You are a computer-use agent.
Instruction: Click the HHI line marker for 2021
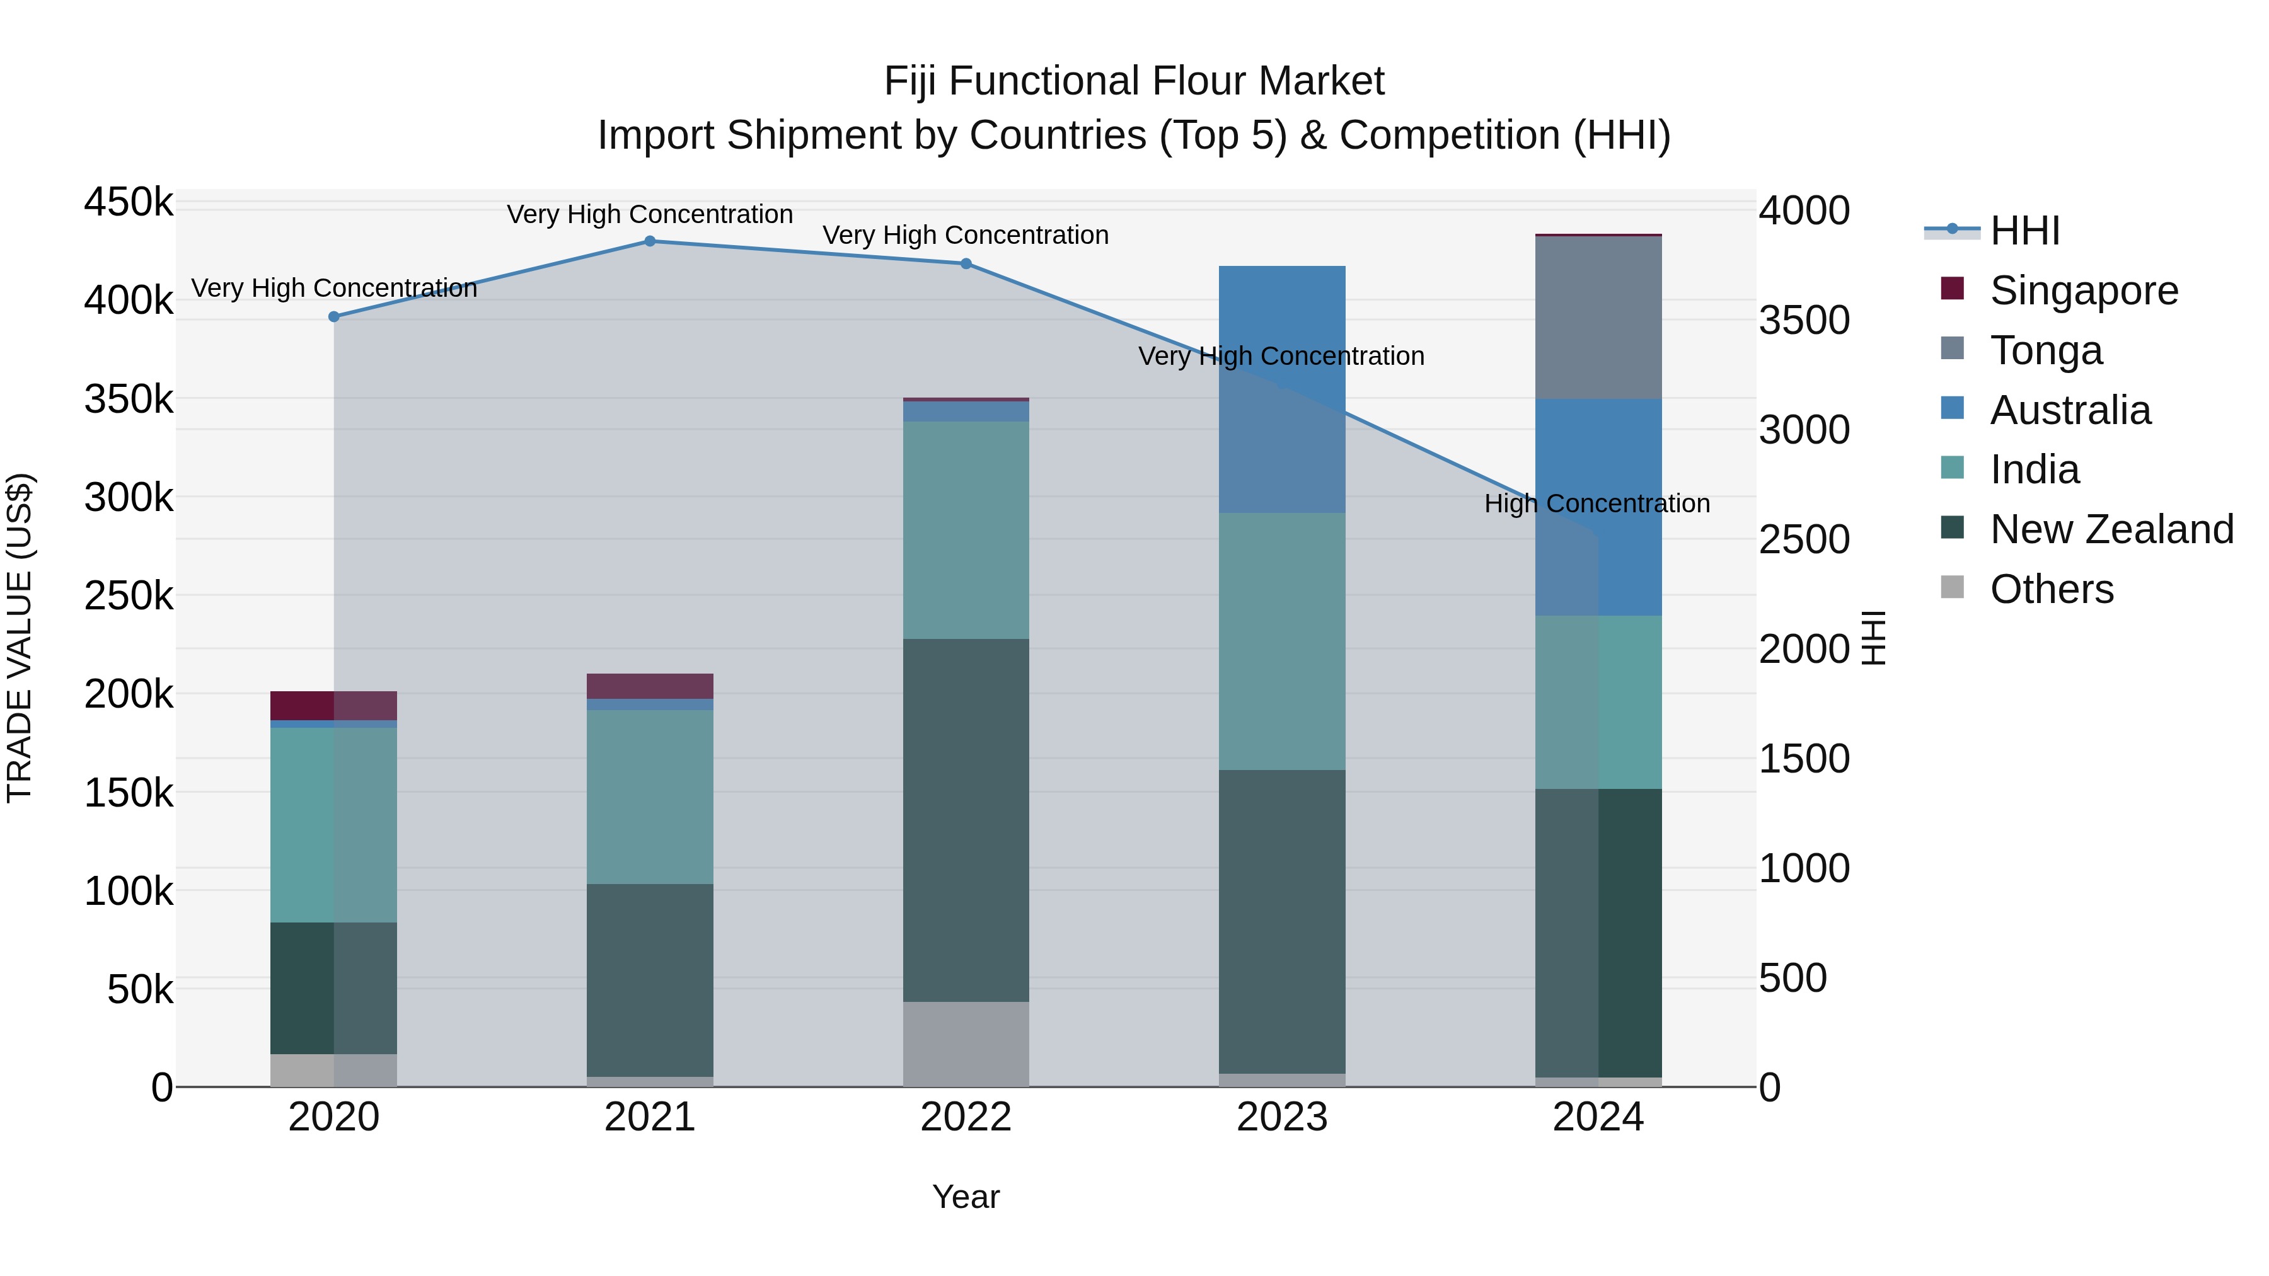(650, 241)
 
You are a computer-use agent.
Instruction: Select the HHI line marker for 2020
(334, 317)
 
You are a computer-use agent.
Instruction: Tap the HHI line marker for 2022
(966, 264)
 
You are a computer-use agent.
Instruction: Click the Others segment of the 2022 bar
(966, 1043)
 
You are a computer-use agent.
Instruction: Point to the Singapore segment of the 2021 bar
(650, 686)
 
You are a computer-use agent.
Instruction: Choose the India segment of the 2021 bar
(650, 797)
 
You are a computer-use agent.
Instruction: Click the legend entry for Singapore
(2083, 290)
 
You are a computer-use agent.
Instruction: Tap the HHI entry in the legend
(2024, 231)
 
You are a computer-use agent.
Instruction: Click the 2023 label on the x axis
(1281, 1117)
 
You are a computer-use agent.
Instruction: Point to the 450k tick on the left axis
(129, 202)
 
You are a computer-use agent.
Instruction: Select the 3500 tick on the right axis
(1804, 321)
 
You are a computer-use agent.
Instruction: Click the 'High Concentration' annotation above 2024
(1597, 503)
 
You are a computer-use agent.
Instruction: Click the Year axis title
(966, 1197)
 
